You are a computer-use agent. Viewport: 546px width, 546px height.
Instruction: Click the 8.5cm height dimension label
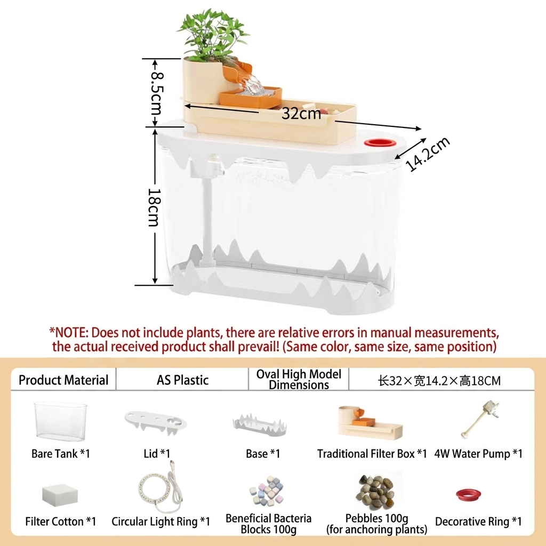pos(157,93)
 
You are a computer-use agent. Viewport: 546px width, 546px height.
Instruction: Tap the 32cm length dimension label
pos(301,114)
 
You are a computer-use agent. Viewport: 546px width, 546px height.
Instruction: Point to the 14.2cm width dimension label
pos(428,154)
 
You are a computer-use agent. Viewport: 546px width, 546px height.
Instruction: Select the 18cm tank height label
pos(154,207)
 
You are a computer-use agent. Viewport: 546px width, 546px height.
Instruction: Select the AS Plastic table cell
pos(182,380)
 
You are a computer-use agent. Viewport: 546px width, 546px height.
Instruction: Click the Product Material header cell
pos(63,380)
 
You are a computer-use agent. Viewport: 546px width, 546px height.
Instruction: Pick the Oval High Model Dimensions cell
pos(299,379)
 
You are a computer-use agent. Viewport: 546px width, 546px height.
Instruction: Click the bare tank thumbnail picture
pos(61,421)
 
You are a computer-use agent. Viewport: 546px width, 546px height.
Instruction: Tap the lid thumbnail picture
pos(156,423)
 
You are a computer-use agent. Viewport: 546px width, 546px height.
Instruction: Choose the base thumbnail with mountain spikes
pos(260,425)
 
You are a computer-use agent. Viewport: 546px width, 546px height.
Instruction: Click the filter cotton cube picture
pos(60,495)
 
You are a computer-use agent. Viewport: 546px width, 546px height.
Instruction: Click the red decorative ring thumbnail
pos(468,494)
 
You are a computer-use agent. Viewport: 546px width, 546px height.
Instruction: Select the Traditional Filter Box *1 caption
pos(372,454)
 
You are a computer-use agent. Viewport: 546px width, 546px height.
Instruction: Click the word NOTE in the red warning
pos(71,333)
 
